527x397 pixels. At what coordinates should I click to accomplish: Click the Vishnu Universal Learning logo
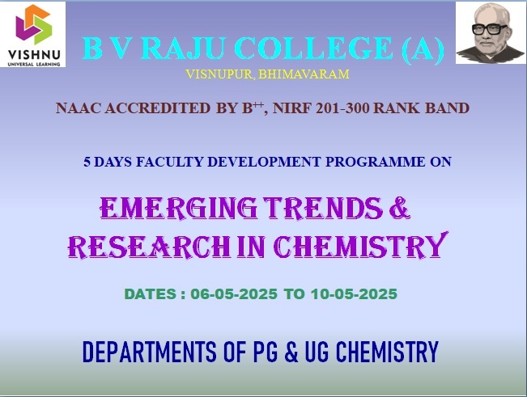tap(34, 35)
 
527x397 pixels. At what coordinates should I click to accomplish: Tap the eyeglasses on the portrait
tap(489, 30)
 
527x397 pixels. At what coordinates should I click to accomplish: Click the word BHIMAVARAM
tap(304, 74)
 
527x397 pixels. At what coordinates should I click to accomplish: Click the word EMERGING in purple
tap(179, 208)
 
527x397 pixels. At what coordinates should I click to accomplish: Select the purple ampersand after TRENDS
tap(400, 208)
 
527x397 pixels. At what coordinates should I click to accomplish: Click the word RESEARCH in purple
tap(150, 247)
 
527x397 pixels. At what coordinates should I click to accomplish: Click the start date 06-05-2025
tap(234, 294)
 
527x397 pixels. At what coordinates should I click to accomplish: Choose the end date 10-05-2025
tap(354, 294)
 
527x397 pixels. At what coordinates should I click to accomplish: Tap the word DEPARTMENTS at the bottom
tap(150, 352)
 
